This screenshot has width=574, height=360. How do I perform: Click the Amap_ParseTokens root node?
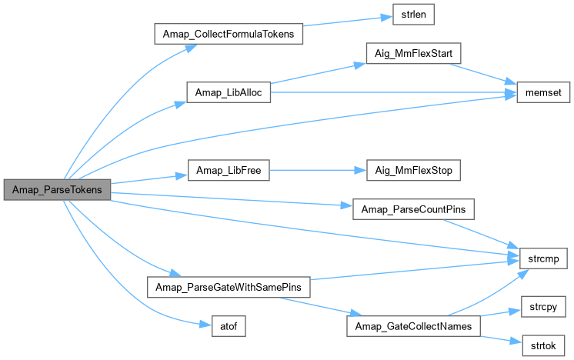point(58,189)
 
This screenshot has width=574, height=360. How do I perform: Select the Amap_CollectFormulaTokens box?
point(229,35)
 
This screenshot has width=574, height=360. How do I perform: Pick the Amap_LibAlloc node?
point(229,92)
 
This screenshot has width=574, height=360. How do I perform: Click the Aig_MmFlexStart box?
point(406,54)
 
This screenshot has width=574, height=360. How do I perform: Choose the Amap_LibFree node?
point(229,170)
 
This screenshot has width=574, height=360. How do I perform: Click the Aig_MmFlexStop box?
point(406,170)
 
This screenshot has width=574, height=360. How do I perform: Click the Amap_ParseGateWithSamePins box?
point(229,287)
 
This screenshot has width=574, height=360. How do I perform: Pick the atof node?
point(229,326)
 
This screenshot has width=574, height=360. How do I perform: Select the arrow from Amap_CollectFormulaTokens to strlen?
point(346,24)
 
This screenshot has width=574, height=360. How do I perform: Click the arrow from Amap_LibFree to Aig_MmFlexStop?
point(311,170)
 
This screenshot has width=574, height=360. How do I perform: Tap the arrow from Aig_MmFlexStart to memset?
point(481,75)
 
